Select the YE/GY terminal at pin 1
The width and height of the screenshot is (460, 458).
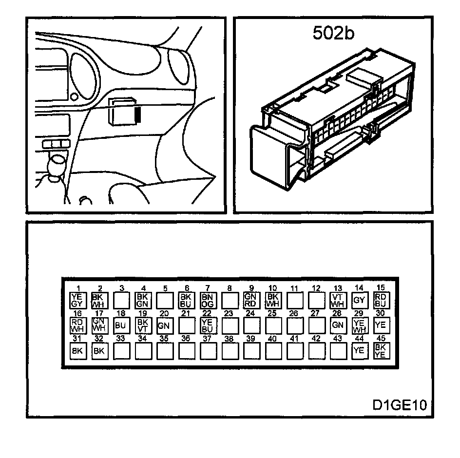(x=77, y=299)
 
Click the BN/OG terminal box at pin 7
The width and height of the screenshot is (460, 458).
(x=208, y=299)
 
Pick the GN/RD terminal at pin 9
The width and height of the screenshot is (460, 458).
(x=250, y=299)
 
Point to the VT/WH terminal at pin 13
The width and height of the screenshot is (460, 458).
(x=338, y=299)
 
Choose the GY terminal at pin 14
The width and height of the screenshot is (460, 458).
(x=359, y=300)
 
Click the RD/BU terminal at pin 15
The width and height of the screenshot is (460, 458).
(x=381, y=299)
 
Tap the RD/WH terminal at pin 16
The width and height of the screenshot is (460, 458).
(x=77, y=324)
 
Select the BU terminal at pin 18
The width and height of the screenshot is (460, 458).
(x=120, y=324)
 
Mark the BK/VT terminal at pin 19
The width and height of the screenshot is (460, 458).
(x=142, y=324)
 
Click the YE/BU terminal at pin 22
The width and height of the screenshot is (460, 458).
(x=208, y=324)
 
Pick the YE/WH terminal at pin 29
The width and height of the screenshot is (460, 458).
(x=359, y=324)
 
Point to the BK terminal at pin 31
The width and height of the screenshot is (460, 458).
(x=77, y=350)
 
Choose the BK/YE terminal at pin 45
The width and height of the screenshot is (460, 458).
(x=381, y=350)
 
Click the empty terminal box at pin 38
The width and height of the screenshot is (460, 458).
(x=229, y=350)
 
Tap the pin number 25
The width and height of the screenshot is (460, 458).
(x=272, y=313)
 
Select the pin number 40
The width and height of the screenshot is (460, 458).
(x=272, y=338)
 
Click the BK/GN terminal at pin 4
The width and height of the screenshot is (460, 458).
(x=142, y=299)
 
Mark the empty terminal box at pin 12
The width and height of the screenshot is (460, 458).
(x=316, y=299)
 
